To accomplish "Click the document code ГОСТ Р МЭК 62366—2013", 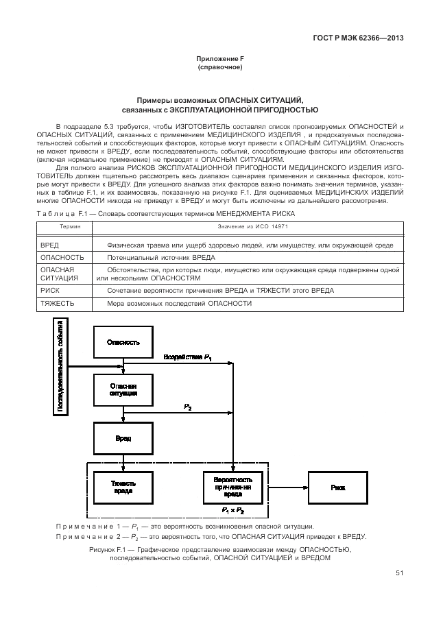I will click(x=357, y=38).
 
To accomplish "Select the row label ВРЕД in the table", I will click(x=50, y=245).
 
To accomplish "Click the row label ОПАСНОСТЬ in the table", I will click(x=62, y=257).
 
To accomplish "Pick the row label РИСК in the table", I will click(x=51, y=291).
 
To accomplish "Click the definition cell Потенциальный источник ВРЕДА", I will click(x=160, y=257).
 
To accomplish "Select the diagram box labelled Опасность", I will click(x=123, y=341).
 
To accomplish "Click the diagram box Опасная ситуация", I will click(x=123, y=391).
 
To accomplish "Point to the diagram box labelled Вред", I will click(x=123, y=438).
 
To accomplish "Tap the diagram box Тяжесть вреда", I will click(x=123, y=487).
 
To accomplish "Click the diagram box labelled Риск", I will click(x=337, y=487).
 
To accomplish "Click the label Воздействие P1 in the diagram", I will click(x=187, y=357).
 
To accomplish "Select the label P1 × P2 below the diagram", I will click(x=232, y=511).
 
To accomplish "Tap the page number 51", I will click(x=399, y=575).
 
